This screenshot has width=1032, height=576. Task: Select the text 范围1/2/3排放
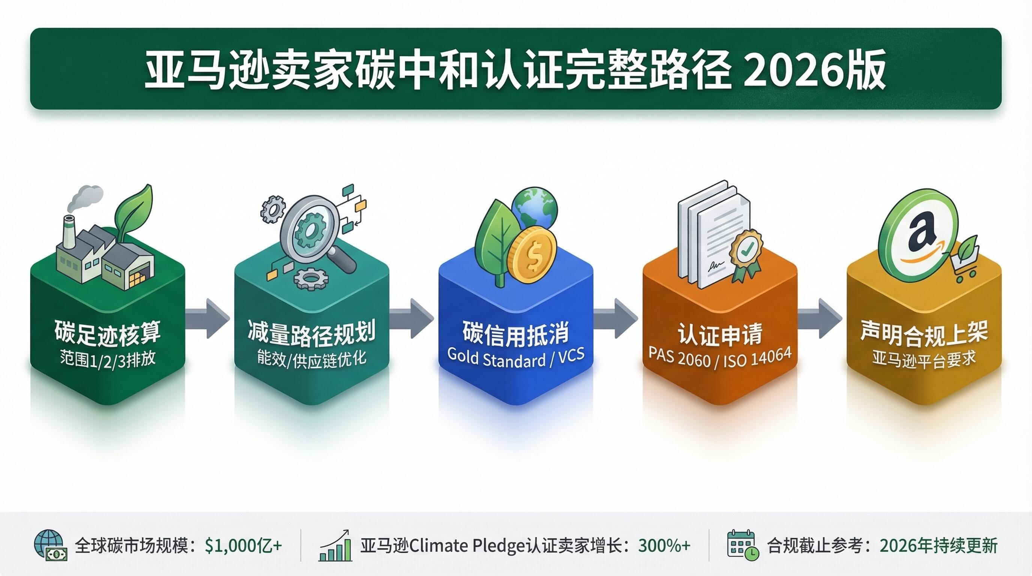107,357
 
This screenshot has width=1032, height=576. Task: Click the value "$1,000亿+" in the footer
243,546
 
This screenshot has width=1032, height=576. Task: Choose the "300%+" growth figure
664,546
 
